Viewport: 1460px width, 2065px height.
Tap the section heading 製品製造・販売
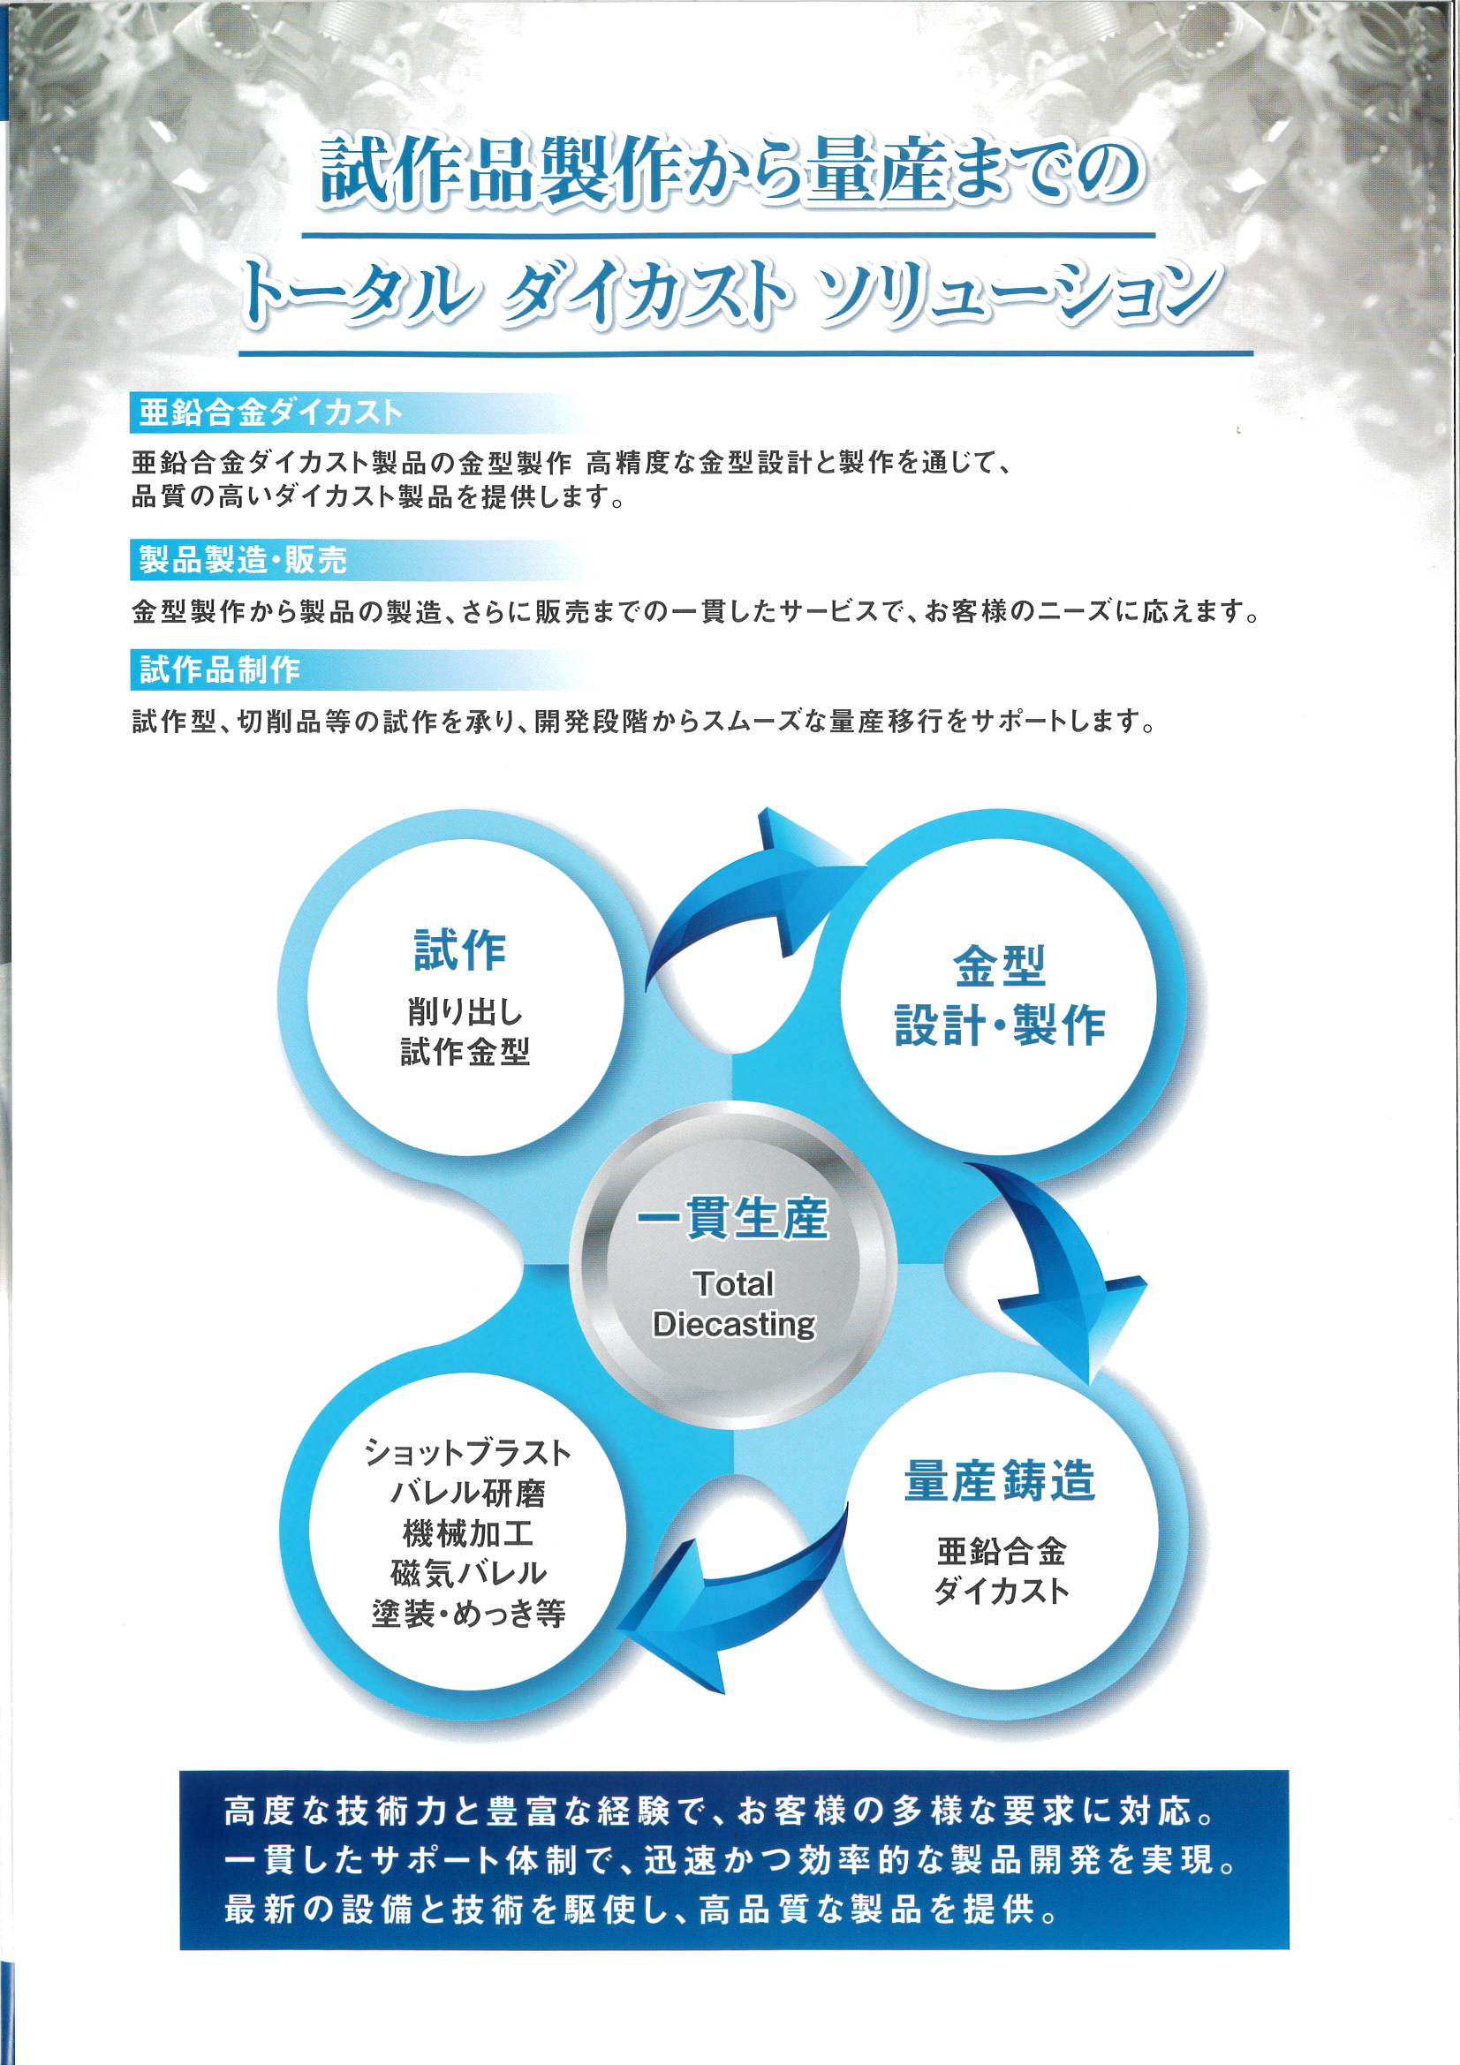(243, 559)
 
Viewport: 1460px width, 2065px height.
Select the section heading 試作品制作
(220, 669)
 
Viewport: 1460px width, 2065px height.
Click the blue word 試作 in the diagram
(459, 950)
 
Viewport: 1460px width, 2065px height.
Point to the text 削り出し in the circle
(465, 1012)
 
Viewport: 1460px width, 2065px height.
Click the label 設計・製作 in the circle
(1000, 1025)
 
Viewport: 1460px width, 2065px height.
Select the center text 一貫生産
(732, 1218)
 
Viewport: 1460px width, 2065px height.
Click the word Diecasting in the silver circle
(734, 1325)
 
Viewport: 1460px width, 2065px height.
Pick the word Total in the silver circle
(733, 1284)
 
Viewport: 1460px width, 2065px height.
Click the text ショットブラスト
(468, 1453)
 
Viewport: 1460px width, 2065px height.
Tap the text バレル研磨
(468, 1493)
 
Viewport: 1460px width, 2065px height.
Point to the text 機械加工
(468, 1533)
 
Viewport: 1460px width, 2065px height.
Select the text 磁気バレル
(468, 1573)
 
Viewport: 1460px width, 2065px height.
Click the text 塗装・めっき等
(468, 1614)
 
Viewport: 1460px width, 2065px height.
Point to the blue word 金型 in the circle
(1000, 967)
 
